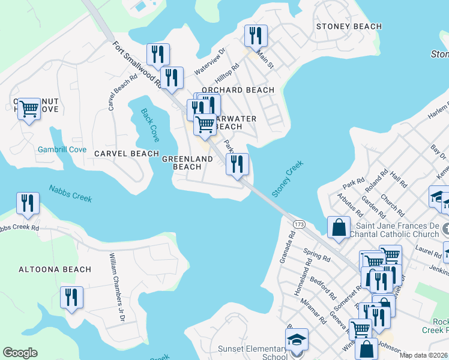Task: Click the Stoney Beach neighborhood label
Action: click(349, 26)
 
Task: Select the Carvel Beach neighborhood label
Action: click(127, 154)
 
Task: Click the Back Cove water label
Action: click(150, 125)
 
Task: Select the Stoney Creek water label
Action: click(288, 178)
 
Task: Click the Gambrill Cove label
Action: click(62, 149)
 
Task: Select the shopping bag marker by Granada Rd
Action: click(339, 227)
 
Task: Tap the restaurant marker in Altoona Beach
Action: click(71, 298)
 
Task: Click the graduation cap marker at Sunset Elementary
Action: click(297, 339)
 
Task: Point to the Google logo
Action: click(20, 353)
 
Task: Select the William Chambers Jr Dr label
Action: click(116, 287)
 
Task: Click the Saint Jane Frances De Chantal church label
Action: click(397, 230)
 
